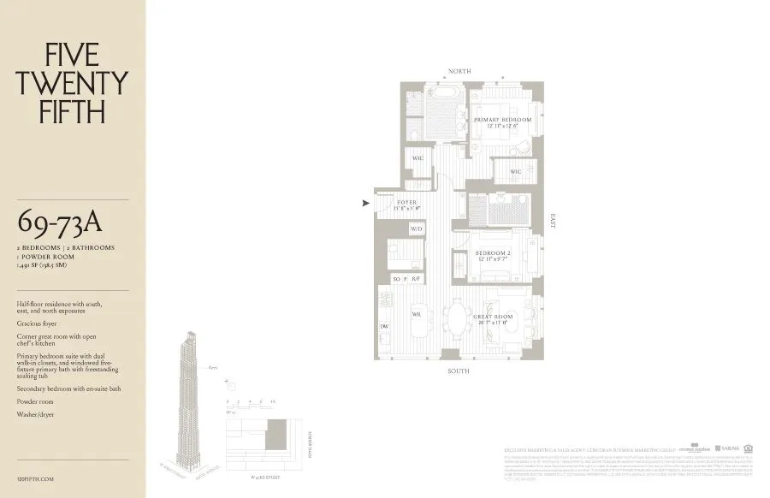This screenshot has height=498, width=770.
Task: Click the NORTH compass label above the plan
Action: [x=458, y=71]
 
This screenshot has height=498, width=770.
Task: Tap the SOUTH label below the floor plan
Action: [x=458, y=371]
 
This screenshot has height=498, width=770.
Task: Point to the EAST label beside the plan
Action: [x=554, y=221]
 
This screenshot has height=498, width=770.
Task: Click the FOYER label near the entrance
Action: [x=406, y=204]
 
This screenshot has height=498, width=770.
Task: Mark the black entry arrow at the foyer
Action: [x=366, y=203]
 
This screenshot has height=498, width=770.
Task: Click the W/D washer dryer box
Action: [x=417, y=229]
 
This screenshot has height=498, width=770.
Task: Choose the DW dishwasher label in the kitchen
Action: [x=385, y=327]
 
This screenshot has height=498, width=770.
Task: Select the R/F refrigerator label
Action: [x=416, y=279]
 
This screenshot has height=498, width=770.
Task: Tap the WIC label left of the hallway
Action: [x=418, y=158]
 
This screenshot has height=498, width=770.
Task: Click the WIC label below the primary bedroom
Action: [x=515, y=172]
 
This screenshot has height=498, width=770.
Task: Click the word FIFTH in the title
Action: [x=72, y=111]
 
